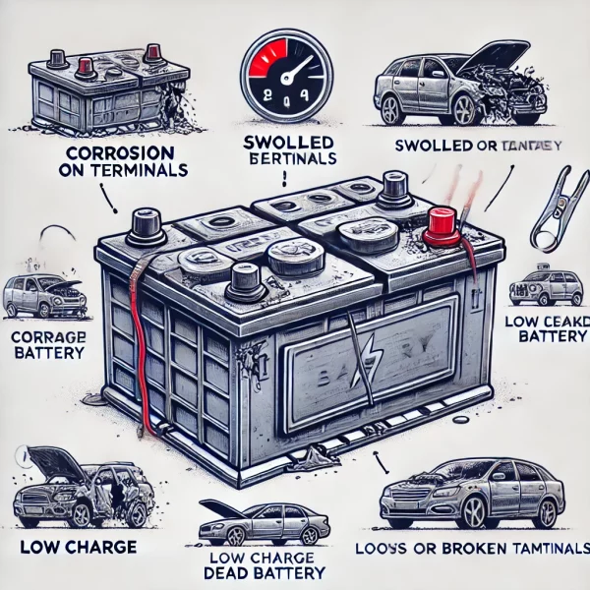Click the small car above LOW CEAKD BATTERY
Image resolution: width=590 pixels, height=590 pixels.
546,288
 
